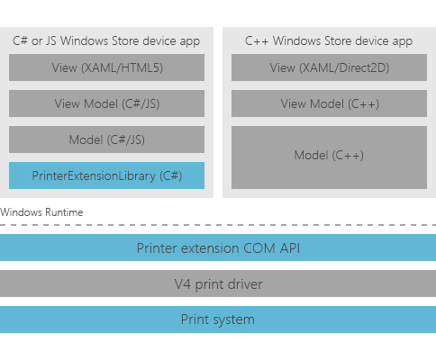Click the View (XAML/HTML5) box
pyautogui.click(x=106, y=67)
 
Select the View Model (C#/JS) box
pyautogui.click(x=106, y=103)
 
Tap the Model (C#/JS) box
pyautogui.click(x=106, y=139)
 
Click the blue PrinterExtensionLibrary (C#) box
pyautogui.click(x=106, y=175)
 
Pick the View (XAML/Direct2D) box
pyautogui.click(x=329, y=67)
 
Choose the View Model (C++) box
pyautogui.click(x=329, y=103)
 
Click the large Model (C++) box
pyautogui.click(x=329, y=157)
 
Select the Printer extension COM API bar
pyautogui.click(x=218, y=247)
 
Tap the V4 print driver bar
pyautogui.click(x=218, y=283)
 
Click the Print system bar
pyautogui.click(x=218, y=319)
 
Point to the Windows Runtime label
pyautogui.click(x=41, y=211)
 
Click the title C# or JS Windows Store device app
pyautogui.click(x=106, y=40)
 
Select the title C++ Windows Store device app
pyautogui.click(x=329, y=40)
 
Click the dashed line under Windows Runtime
pyautogui.click(x=218, y=224)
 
